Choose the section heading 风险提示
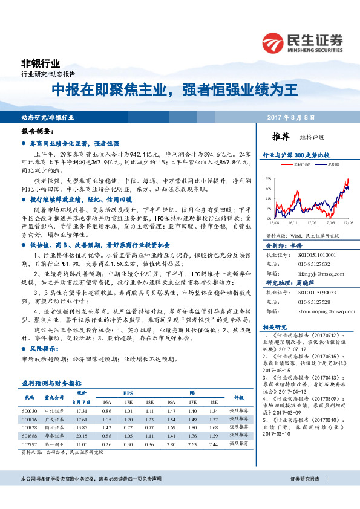pos(42,349)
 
